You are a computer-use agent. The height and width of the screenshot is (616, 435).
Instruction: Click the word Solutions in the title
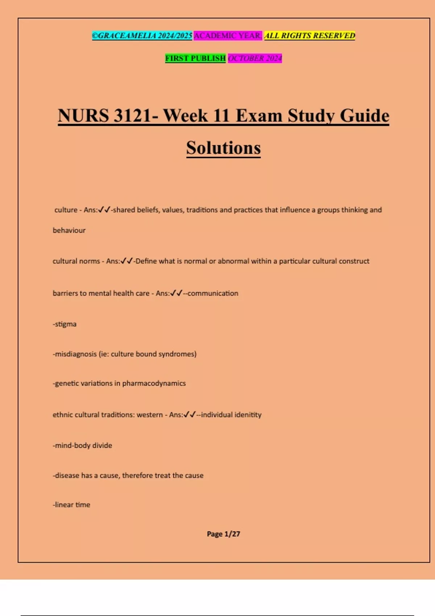(x=223, y=148)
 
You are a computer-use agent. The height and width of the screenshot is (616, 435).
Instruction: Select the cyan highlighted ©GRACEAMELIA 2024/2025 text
(x=142, y=36)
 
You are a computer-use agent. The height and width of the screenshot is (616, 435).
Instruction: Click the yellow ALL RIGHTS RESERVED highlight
(x=310, y=36)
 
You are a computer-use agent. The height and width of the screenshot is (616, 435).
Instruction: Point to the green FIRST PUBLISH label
(x=195, y=58)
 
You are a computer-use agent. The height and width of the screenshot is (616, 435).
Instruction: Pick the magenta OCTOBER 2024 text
(x=255, y=58)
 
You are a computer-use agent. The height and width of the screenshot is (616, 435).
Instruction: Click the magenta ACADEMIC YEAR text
(x=228, y=36)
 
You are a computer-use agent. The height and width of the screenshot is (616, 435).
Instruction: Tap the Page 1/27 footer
(x=223, y=534)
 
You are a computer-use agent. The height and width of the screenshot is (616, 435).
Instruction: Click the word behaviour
(x=69, y=230)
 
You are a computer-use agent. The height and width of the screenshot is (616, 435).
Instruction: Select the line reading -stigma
(x=65, y=324)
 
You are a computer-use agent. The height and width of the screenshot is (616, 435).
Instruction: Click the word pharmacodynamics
(x=154, y=383)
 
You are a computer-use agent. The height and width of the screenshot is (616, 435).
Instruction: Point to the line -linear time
(x=72, y=505)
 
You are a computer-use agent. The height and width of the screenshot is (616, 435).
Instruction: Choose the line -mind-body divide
(x=83, y=445)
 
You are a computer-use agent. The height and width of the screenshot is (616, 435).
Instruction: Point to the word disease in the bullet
(x=67, y=475)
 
